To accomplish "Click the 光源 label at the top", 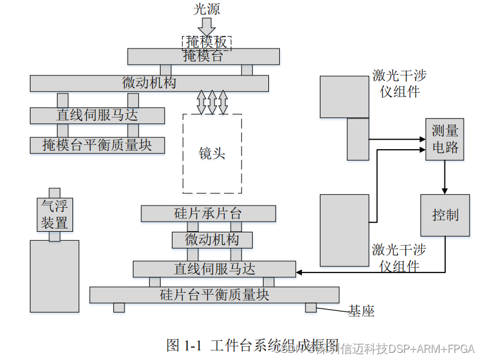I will click(207, 8).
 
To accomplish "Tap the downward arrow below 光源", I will click(207, 26).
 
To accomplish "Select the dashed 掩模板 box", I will click(207, 42).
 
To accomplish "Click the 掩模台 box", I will click(203, 56).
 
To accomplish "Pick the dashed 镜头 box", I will click(212, 154).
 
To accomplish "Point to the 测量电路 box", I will click(445, 139).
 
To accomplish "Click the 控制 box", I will click(445, 215).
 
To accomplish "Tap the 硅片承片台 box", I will click(208, 213).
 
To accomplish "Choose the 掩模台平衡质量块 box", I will click(97, 145).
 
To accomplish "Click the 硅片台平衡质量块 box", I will click(214, 295).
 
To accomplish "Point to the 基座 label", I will click(361, 311).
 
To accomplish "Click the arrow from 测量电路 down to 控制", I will click(445, 177).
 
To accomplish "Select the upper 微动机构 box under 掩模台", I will click(149, 83).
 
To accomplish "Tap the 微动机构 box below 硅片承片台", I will click(211, 240).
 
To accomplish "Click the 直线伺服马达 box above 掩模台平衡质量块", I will click(97, 115).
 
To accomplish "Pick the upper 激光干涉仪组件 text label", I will click(400, 83).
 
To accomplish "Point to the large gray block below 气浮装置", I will click(55, 276).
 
